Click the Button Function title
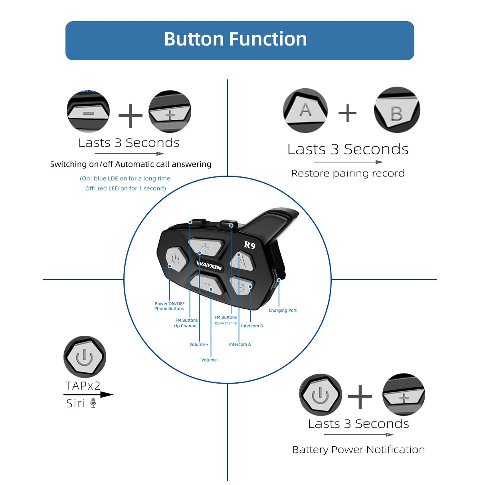pyautogui.click(x=236, y=40)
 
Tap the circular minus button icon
pyautogui.click(x=88, y=112)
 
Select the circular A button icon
pyautogui.click(x=305, y=110)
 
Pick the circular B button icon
pyautogui.click(x=397, y=110)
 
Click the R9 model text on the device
pyautogui.click(x=249, y=245)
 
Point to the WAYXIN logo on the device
pyautogui.click(x=209, y=265)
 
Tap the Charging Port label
pyautogui.click(x=283, y=310)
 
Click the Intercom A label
pyautogui.click(x=240, y=344)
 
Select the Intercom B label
pyautogui.click(x=252, y=326)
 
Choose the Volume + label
pyautogui.click(x=199, y=344)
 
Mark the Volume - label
pyautogui.click(x=210, y=360)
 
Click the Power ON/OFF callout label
pyautogui.click(x=170, y=306)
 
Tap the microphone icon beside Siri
pyautogui.click(x=93, y=403)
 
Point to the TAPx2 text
pyautogui.click(x=83, y=386)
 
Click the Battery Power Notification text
pyautogui.click(x=358, y=449)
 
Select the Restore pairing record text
pyautogui.click(x=348, y=173)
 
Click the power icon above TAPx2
pyautogui.click(x=85, y=356)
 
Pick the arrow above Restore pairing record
pyautogui.click(x=348, y=162)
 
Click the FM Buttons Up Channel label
pyautogui.click(x=186, y=323)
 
